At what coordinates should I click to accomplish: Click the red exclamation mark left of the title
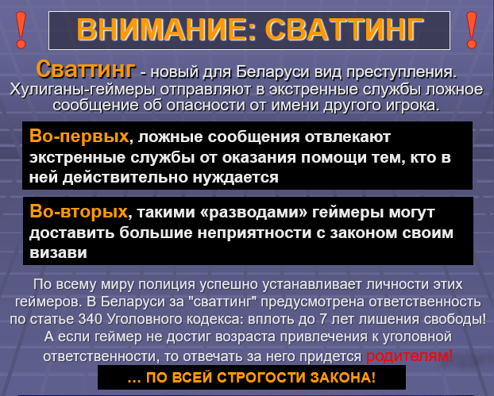pyautogui.click(x=21, y=30)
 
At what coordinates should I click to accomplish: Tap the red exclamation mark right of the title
pyautogui.click(x=472, y=30)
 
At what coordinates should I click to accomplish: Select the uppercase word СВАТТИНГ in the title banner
pyautogui.click(x=344, y=29)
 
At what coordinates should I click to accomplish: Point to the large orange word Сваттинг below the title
pyautogui.click(x=86, y=69)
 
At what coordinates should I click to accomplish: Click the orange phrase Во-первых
pyautogui.click(x=79, y=136)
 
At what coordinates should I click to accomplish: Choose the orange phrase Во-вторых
pyautogui.click(x=79, y=212)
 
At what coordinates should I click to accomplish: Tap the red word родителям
pyautogui.click(x=409, y=356)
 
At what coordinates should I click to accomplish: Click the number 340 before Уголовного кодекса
pyautogui.click(x=90, y=319)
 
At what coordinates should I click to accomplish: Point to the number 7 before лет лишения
pyautogui.click(x=323, y=319)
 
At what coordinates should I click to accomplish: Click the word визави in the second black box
pyautogui.click(x=58, y=253)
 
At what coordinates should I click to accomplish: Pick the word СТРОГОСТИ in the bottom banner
pyautogui.click(x=261, y=378)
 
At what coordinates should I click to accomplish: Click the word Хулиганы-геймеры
pyautogui.click(x=83, y=90)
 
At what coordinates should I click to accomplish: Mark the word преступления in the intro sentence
pyautogui.click(x=401, y=73)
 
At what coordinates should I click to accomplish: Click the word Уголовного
pyautogui.click(x=145, y=320)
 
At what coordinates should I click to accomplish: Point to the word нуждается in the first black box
pyautogui.click(x=235, y=178)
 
